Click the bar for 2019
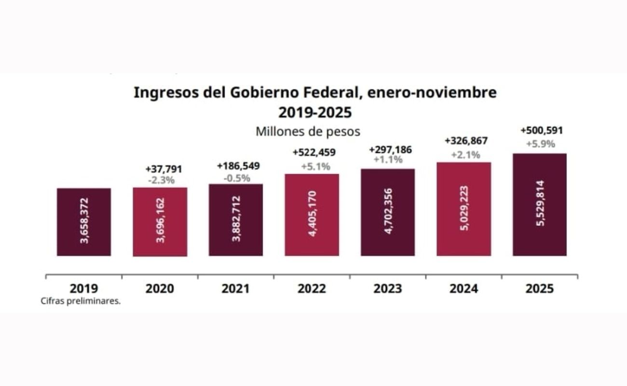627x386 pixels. (84, 222)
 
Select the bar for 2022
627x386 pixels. (312, 215)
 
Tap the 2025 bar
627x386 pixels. (539, 205)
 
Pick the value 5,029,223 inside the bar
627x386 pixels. (464, 208)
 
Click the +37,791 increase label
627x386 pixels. (164, 169)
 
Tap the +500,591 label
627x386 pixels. (542, 130)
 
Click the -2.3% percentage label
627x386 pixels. (161, 180)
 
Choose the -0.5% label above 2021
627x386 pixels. (237, 178)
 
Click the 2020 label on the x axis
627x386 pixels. (160, 289)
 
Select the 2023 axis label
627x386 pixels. (388, 289)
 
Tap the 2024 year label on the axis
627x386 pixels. (463, 289)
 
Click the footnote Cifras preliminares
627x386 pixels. (81, 302)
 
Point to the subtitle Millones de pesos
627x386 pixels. (308, 131)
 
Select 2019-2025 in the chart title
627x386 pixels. (314, 112)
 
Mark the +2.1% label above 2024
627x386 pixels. (465, 155)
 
